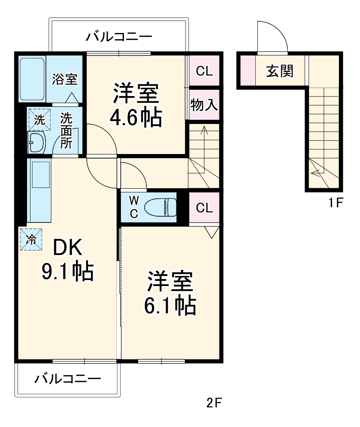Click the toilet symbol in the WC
(x=160, y=207)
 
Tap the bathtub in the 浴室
(x=33, y=78)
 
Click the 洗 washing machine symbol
(x=38, y=120)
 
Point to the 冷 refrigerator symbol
(x=31, y=239)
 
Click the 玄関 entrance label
(x=279, y=71)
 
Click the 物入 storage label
(x=204, y=105)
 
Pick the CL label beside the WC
(x=204, y=207)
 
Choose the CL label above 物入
(x=204, y=71)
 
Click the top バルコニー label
(x=119, y=37)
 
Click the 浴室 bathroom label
(x=65, y=79)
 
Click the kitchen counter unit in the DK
(x=39, y=190)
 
